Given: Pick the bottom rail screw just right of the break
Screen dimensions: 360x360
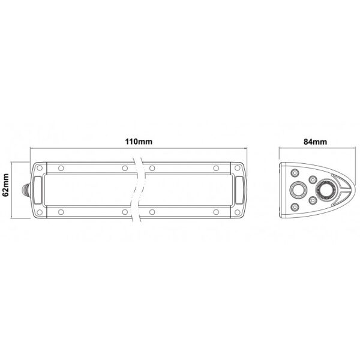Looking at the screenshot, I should click(x=153, y=211).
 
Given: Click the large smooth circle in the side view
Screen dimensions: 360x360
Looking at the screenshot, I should click(x=298, y=191).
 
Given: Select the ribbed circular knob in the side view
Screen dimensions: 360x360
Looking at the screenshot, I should click(x=326, y=192).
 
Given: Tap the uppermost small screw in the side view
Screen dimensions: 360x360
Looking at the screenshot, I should click(x=295, y=172).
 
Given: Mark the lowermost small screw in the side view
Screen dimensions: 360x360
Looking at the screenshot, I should click(x=295, y=206).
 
